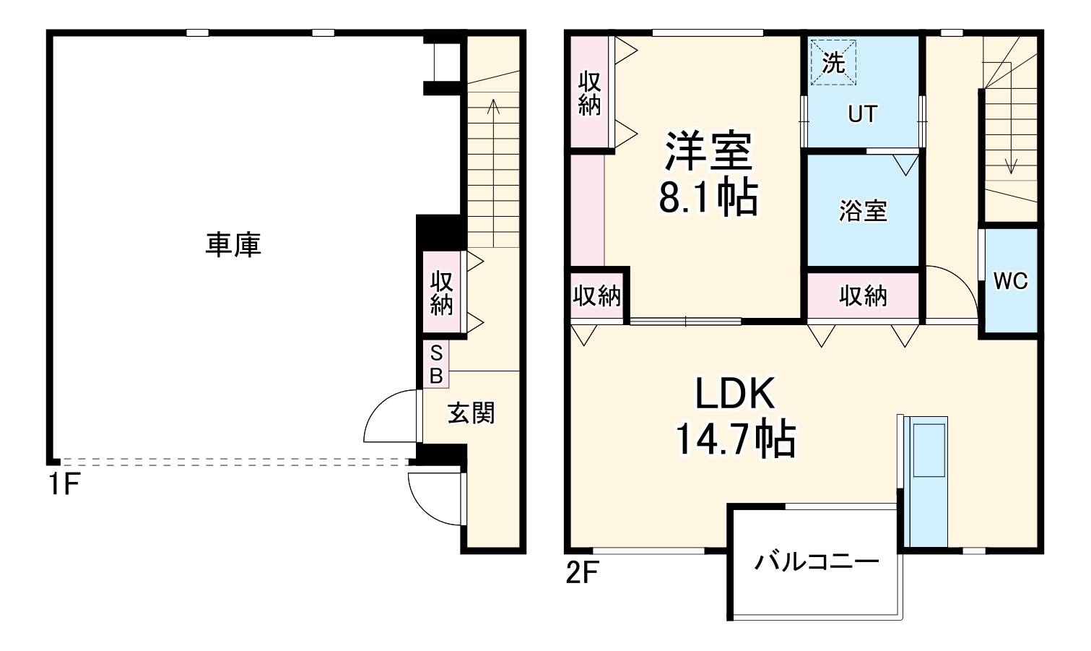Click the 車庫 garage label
click(x=232, y=245)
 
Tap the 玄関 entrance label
click(x=471, y=413)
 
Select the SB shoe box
click(x=436, y=364)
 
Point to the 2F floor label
click(x=581, y=573)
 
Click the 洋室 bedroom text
click(x=708, y=150)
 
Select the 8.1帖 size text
click(x=708, y=197)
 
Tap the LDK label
click(x=734, y=395)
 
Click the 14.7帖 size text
click(x=734, y=439)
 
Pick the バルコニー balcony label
click(x=817, y=561)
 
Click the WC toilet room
click(x=1010, y=281)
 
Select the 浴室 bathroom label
click(x=863, y=211)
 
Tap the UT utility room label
click(x=863, y=114)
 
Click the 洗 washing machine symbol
click(x=833, y=63)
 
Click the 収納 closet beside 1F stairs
click(x=441, y=293)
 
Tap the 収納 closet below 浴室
click(x=863, y=296)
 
